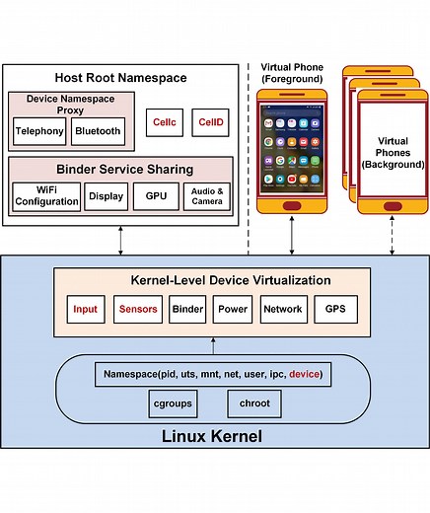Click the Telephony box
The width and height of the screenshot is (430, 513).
pos(39,130)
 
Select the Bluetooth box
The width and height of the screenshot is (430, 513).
pos(97,130)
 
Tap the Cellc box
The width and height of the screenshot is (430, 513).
pos(163,122)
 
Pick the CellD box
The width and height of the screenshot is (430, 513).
pos(210,122)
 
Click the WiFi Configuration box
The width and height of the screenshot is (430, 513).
pos(46,196)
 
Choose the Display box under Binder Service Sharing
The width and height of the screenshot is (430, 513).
pos(106,196)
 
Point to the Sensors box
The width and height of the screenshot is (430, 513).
pos(138,309)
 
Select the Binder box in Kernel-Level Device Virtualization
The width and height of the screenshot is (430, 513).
pos(187,309)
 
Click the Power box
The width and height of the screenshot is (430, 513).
pos(233,309)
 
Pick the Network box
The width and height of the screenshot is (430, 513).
pos(283,309)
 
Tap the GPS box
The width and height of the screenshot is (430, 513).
pos(334,309)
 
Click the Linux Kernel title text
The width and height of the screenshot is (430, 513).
pos(214,435)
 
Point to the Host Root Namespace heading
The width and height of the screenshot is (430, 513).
pos(121,78)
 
